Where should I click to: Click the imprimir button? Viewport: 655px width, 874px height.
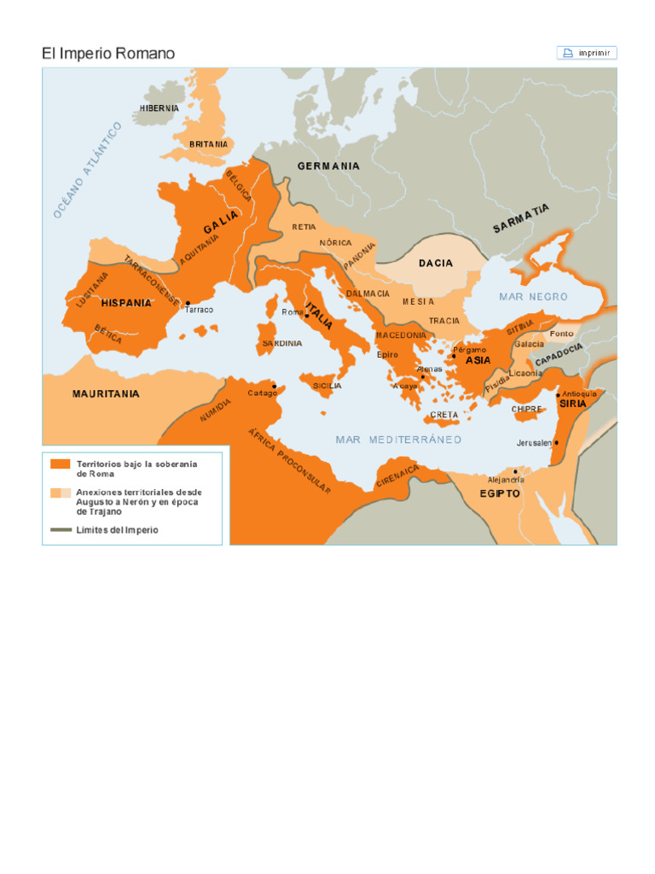coord(587,53)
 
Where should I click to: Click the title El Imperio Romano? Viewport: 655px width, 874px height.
coord(108,54)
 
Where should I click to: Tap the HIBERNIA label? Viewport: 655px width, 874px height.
coord(159,108)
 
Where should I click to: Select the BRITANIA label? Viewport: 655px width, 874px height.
coord(209,144)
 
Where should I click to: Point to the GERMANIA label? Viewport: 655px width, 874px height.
coord(328,166)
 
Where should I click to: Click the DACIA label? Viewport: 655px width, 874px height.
coord(436,263)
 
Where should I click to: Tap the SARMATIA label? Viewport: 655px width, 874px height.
coord(521,219)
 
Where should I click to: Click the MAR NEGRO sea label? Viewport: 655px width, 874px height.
coord(533,297)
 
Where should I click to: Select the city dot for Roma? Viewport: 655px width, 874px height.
coord(306,316)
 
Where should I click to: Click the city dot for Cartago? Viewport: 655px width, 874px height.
coord(274,386)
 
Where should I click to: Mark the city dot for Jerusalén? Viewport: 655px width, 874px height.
coord(556,442)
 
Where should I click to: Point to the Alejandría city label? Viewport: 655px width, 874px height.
coord(506,480)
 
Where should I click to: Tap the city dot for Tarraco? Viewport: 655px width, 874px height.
coord(187,303)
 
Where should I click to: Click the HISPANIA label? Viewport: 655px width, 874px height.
coord(126,303)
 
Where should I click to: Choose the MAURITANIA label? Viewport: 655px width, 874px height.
coord(106,394)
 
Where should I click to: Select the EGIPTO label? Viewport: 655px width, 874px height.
coord(500,493)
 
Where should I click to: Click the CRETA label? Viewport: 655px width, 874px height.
coord(443,415)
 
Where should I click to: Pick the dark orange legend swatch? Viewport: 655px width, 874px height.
coord(60,464)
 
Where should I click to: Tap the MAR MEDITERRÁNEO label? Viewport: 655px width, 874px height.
coord(398,440)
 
